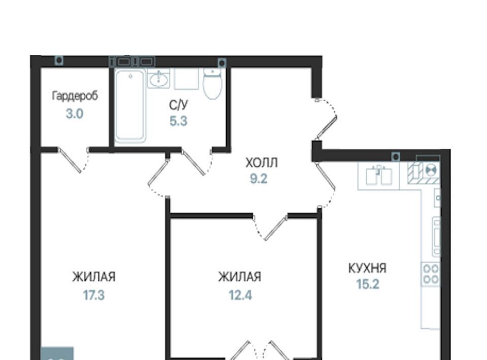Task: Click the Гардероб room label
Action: [75, 96]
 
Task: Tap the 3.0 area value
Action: [75, 114]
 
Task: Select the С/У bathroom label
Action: [179, 105]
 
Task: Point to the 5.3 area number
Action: [179, 121]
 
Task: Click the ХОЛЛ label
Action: [262, 163]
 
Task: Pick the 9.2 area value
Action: [259, 179]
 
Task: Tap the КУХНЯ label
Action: [367, 268]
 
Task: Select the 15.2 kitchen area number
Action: [368, 284]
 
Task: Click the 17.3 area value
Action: [94, 295]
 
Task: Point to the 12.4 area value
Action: [240, 295]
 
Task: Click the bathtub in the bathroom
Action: [130, 105]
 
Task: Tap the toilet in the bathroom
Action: [213, 83]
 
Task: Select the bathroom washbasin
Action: [159, 79]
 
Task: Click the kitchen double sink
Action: [378, 175]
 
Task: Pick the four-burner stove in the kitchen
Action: [431, 274]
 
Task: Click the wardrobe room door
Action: [74, 160]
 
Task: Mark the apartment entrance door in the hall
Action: [325, 119]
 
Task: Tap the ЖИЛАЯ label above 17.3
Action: [94, 276]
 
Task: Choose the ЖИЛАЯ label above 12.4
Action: [240, 276]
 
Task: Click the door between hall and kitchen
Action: [326, 185]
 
